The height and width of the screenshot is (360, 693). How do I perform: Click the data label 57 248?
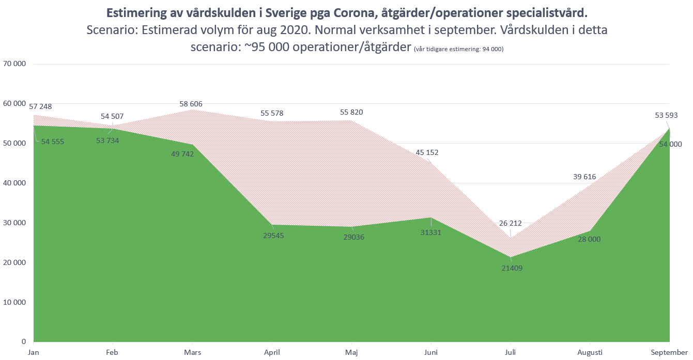(41, 106)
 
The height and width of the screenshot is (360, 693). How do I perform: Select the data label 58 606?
(191, 104)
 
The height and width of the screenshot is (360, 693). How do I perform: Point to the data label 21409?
(511, 268)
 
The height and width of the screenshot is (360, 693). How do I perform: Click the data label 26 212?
(510, 224)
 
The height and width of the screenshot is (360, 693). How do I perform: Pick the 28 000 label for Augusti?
(590, 239)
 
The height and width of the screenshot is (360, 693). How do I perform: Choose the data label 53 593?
(666, 115)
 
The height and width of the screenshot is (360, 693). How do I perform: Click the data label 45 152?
(427, 152)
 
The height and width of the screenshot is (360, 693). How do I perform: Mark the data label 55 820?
(351, 112)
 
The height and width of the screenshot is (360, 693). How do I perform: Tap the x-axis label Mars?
(192, 352)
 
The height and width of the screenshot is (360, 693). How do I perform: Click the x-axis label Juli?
(511, 352)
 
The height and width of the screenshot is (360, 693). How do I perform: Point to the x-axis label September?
(669, 352)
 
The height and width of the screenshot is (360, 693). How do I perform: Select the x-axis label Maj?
(351, 352)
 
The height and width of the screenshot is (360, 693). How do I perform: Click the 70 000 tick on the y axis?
(14, 64)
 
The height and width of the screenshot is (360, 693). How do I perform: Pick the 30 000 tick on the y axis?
(14, 223)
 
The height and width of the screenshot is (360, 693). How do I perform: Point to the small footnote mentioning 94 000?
(458, 49)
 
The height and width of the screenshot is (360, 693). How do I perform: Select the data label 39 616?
(584, 177)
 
